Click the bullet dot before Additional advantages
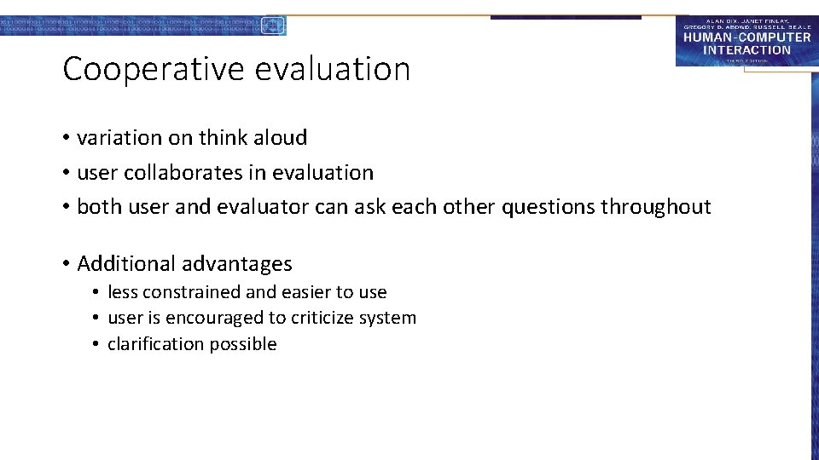(x=66, y=264)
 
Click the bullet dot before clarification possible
(x=96, y=344)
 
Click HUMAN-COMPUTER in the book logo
(x=746, y=37)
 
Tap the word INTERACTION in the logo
(x=746, y=49)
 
